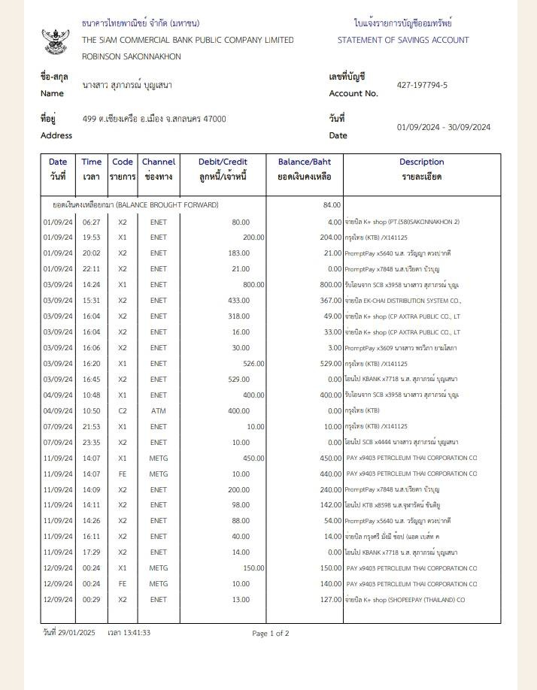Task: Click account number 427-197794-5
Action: coord(422,86)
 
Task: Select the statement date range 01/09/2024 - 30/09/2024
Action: coord(444,127)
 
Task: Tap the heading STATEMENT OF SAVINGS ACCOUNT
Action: coord(403,41)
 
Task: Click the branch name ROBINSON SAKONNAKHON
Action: coord(131,56)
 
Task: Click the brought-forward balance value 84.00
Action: coord(332,205)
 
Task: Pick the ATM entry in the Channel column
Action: coord(158,411)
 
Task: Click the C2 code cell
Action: coord(123,411)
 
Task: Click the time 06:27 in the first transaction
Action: coord(91,222)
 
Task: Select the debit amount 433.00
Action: coord(238,301)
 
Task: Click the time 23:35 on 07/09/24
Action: coord(91,442)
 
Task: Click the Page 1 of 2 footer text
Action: coord(271,634)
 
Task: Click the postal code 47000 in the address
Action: coord(214,119)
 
